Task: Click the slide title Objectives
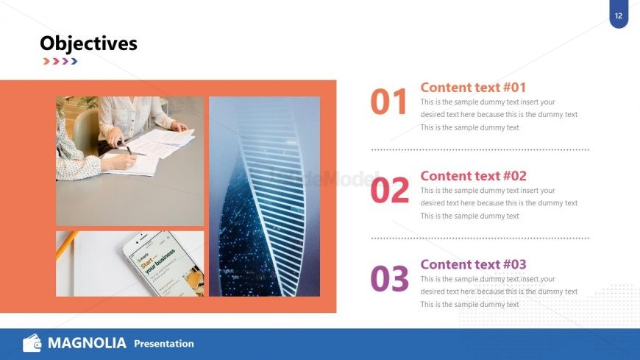tap(88, 43)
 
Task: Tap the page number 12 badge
tap(619, 15)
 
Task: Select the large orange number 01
tap(388, 102)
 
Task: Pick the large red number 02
tap(389, 191)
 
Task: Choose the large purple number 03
tap(389, 279)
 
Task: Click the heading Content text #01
tap(473, 87)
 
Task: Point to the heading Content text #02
tap(473, 176)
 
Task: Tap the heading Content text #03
tap(473, 264)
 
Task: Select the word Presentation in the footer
tap(164, 344)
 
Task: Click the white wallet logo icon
tap(32, 343)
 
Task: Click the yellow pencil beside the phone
tap(66, 244)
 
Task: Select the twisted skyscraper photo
tap(264, 196)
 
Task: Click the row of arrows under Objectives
tap(60, 61)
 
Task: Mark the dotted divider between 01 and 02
tap(480, 149)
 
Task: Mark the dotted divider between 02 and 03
tap(480, 238)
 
